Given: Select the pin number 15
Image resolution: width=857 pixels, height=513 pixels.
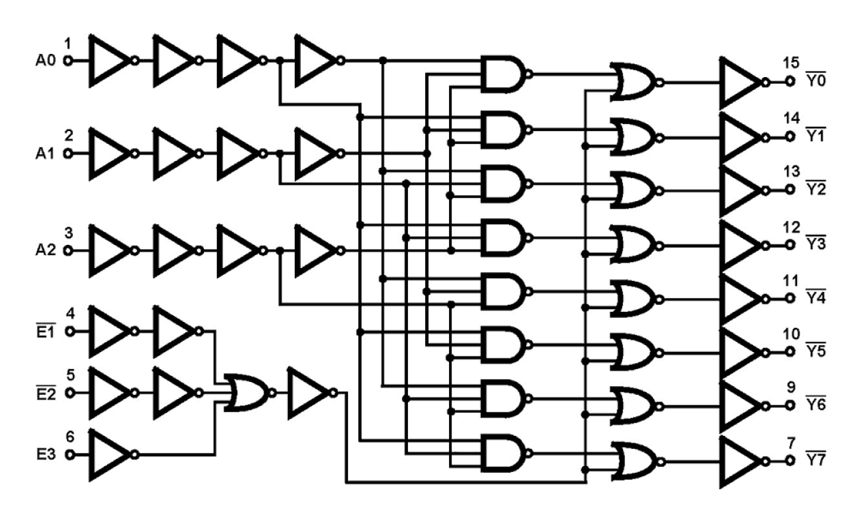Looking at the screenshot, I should [791, 64].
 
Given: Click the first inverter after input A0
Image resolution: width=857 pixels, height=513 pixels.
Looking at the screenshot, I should [109, 61].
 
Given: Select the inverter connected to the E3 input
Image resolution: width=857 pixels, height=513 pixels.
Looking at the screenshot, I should [109, 454].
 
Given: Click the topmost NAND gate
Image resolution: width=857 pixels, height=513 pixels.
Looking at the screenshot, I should [504, 74].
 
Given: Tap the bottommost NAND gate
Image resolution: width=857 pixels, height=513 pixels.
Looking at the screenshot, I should [504, 453].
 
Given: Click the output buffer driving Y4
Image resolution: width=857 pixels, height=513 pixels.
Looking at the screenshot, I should [740, 299].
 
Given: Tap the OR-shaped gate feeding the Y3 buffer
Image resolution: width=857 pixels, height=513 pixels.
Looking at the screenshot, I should [634, 244].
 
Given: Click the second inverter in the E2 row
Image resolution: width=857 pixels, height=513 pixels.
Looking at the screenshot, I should [173, 393].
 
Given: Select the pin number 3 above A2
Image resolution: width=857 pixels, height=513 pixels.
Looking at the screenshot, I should [68, 233].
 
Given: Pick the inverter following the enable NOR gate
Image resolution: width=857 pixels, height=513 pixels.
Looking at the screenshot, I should [308, 393].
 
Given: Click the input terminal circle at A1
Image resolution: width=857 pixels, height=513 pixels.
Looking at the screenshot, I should [68, 154].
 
